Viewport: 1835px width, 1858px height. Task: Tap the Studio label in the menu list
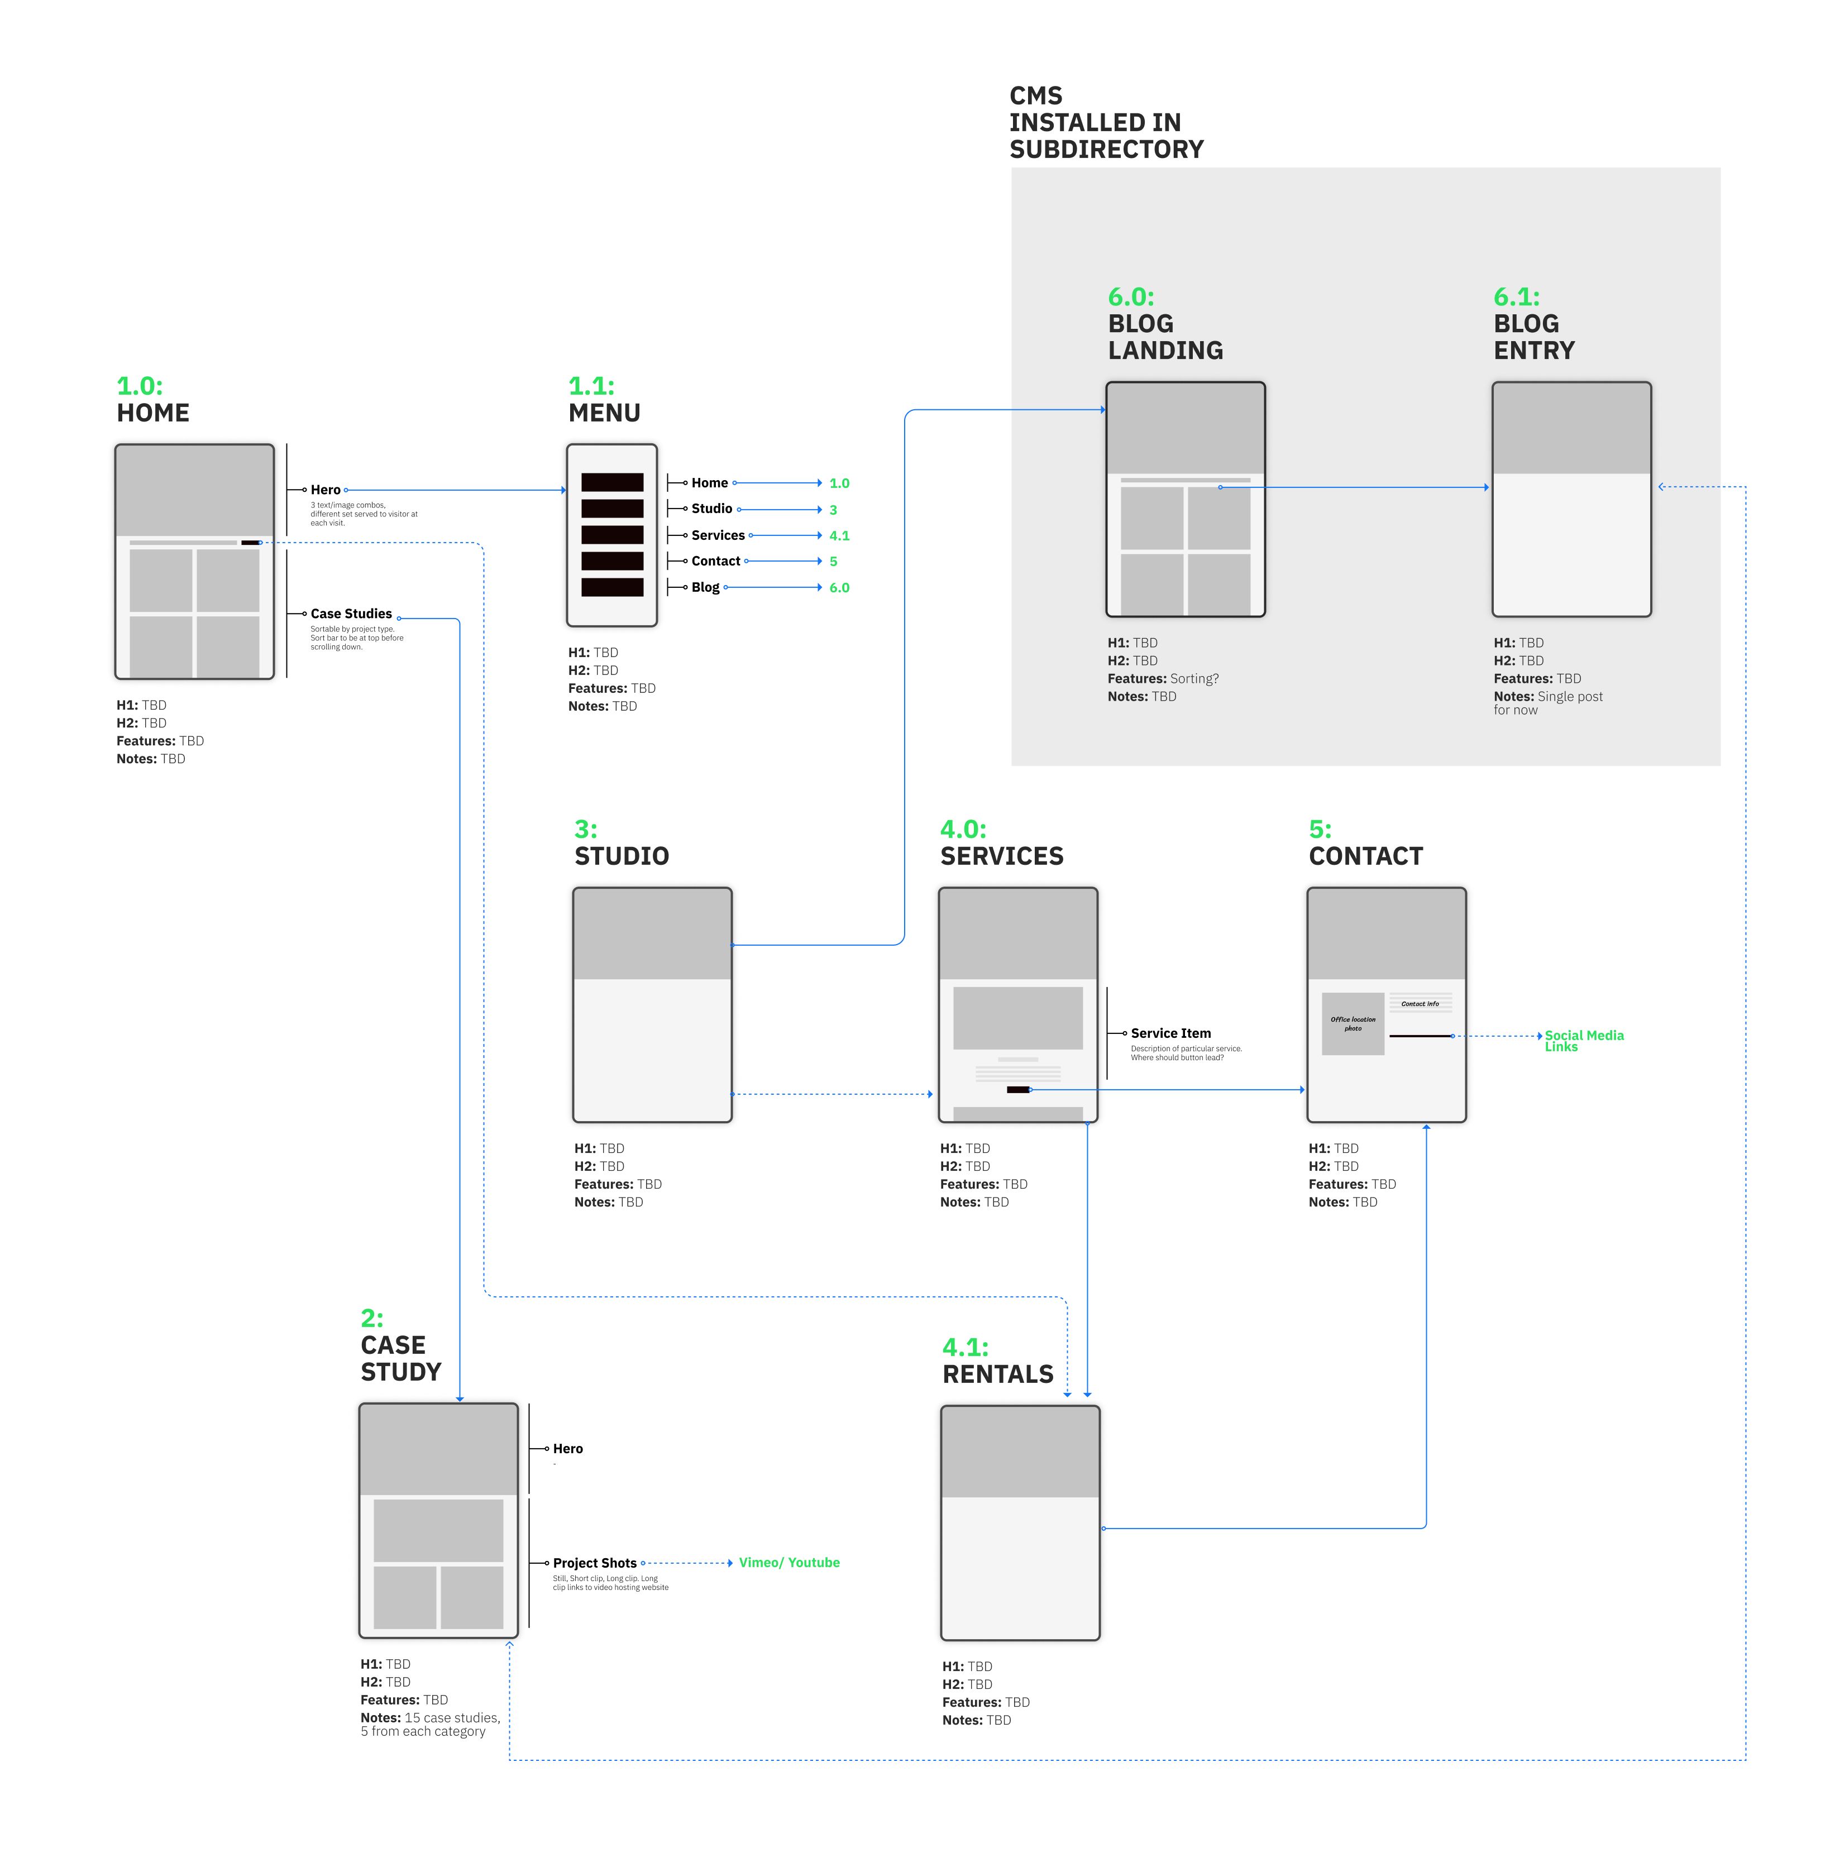pos(711,509)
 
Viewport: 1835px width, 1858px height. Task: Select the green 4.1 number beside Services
pos(839,535)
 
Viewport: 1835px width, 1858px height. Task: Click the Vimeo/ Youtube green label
pos(789,1563)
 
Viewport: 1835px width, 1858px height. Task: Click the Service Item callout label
pos(1170,1033)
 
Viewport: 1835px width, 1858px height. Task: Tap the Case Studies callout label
pos(351,614)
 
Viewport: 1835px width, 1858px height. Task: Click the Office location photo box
pos(1352,1023)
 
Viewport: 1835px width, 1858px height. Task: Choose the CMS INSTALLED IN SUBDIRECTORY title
pos(1106,122)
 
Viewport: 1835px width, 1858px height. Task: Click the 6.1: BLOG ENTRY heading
pos(1533,324)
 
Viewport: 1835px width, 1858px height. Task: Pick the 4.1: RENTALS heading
pos(997,1361)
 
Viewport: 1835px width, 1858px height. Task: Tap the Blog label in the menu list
pos(705,587)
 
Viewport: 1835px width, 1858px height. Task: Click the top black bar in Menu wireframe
pos(611,483)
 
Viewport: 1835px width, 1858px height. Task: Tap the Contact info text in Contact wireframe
pos(1420,1004)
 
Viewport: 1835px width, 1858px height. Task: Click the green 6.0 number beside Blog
pos(839,587)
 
